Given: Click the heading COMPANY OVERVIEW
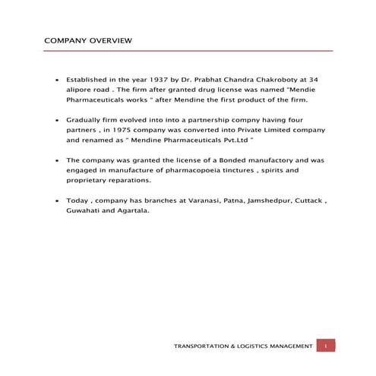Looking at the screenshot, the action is (88, 39).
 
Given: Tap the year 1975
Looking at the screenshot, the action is (123, 130).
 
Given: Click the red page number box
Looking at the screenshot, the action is (325, 346).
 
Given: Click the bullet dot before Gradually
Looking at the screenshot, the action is (58, 120).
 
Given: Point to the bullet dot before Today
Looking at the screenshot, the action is (58, 201).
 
